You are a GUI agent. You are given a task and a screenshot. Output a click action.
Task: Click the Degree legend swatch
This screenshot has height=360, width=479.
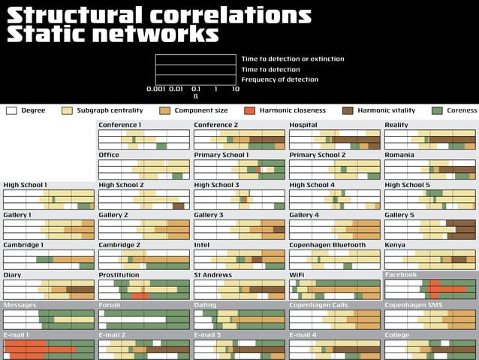[11, 110]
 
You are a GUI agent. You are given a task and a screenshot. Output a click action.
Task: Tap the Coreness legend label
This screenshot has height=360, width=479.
[462, 110]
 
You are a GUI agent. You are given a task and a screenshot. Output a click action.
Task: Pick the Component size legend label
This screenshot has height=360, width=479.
[200, 110]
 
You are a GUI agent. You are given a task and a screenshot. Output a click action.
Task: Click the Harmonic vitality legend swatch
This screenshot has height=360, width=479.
[348, 110]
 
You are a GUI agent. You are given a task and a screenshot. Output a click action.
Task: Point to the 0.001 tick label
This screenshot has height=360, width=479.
[156, 89]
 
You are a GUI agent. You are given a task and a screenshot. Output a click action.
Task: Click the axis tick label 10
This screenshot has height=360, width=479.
[236, 89]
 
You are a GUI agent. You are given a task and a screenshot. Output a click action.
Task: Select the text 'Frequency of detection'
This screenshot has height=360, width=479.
[279, 80]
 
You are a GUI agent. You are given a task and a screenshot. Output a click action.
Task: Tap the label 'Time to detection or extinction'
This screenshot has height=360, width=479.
[293, 59]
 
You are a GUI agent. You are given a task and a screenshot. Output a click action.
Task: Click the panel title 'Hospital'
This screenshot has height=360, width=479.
[303, 125]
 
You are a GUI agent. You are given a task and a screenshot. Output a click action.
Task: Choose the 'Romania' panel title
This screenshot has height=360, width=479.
[399, 155]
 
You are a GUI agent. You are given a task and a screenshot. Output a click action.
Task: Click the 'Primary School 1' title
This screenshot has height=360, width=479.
[221, 155]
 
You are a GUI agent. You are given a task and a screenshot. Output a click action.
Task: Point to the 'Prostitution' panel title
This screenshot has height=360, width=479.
[119, 275]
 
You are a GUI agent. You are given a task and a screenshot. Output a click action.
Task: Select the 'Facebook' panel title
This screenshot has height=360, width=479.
[400, 275]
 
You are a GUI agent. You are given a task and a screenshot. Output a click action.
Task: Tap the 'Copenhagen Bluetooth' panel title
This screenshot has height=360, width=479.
[327, 245]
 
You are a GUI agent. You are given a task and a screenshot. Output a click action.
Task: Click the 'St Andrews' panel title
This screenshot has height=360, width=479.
[212, 275]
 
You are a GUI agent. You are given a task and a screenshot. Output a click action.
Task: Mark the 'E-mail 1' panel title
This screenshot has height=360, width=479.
[17, 335]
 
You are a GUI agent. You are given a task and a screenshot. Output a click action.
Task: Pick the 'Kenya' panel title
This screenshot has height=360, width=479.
[395, 245]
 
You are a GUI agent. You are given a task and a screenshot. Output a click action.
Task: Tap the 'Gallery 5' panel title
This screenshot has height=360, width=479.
[399, 215]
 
